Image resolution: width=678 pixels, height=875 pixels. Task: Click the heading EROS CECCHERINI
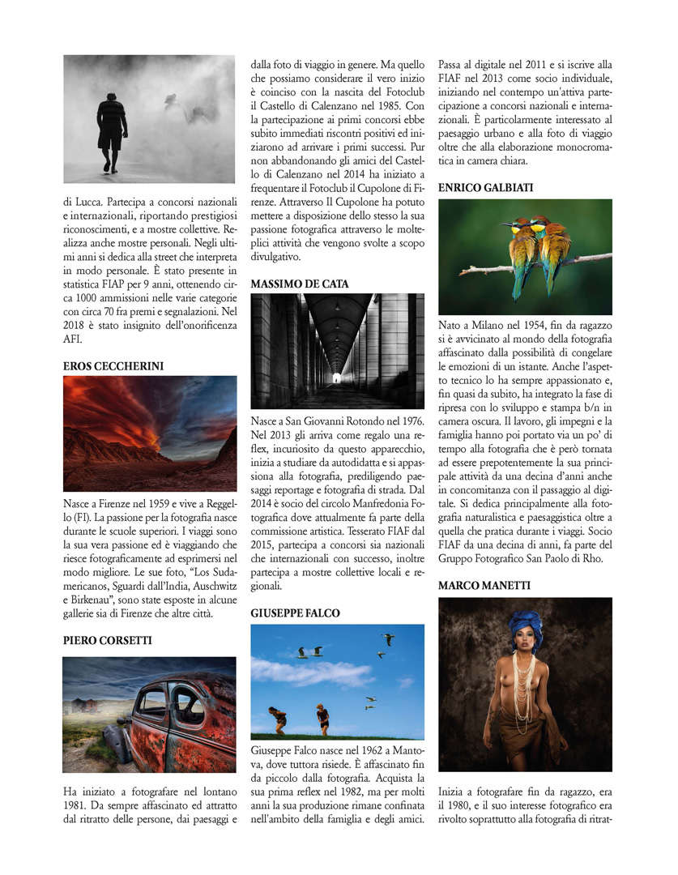(113, 366)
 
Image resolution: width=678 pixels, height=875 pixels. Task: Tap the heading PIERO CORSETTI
(107, 641)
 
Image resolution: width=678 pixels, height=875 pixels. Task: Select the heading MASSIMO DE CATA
(300, 284)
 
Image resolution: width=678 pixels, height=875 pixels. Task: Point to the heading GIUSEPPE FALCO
(295, 613)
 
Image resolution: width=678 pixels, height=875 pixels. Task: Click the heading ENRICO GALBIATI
(486, 188)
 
